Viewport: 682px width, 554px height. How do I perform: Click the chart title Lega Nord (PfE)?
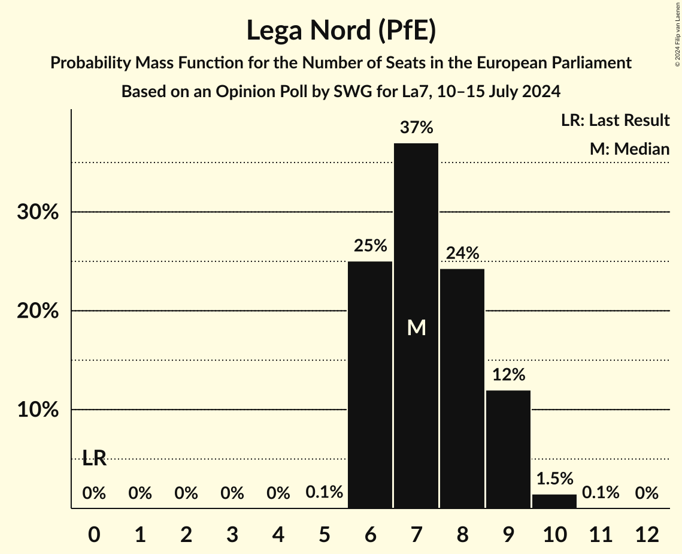pos(341,31)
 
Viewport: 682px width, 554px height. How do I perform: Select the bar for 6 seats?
pos(370,384)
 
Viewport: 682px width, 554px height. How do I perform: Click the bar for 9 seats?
pos(508,449)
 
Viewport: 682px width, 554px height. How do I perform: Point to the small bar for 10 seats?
pos(554,501)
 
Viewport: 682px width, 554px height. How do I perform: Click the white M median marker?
pos(416,327)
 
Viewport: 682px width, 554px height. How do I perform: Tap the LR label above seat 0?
pos(94,459)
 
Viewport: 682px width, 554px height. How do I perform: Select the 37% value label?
pos(416,128)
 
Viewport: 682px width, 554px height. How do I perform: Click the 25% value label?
pos(370,246)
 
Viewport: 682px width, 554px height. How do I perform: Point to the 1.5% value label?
pos(554,478)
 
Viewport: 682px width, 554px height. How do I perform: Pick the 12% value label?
pos(508,375)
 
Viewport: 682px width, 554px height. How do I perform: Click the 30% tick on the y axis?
pos(38,213)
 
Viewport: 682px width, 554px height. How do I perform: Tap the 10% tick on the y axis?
pos(38,411)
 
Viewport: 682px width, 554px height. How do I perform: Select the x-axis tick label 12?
pos(647,534)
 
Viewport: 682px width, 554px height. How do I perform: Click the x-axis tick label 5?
pos(324,534)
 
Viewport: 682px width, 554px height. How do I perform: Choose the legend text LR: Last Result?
pos(615,121)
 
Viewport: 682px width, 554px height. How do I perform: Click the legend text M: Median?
pos(629,149)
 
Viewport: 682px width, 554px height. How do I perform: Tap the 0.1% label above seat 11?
pos(601,493)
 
